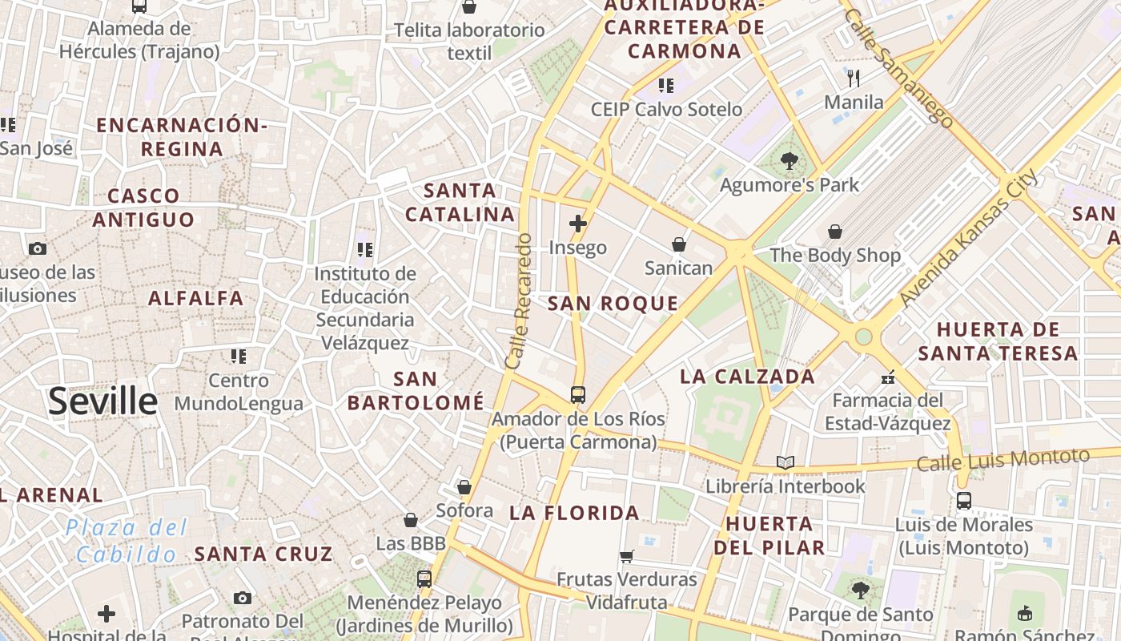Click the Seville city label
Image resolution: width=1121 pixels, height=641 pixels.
[x=102, y=401]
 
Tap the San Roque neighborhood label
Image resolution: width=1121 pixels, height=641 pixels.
[x=613, y=304]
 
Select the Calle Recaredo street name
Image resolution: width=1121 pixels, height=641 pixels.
[x=519, y=300]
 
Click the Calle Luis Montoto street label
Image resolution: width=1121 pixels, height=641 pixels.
[x=1002, y=460]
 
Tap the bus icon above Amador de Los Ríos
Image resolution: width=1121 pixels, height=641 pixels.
[x=577, y=394]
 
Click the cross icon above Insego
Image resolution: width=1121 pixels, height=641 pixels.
[x=577, y=224]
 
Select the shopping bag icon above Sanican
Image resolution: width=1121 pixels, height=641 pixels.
[x=678, y=244]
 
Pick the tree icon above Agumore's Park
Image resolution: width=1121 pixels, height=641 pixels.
[x=789, y=161]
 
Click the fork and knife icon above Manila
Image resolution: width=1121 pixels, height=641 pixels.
[x=854, y=79]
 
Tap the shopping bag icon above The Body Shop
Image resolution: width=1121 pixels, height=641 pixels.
[x=835, y=232]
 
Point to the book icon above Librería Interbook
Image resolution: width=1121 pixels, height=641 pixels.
[x=785, y=462]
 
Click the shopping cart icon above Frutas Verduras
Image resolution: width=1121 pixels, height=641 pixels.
[x=627, y=555]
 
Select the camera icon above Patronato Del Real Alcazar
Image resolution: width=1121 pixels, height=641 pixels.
[x=243, y=598]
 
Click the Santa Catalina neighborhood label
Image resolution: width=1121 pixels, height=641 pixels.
[x=460, y=203]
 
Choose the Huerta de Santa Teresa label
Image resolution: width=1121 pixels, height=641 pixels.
[x=998, y=341]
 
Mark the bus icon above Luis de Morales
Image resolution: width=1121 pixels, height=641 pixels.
[x=963, y=501]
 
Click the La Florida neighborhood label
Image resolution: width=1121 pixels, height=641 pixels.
[x=574, y=513]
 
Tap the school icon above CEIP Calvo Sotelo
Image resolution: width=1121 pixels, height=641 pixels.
[x=666, y=85]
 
